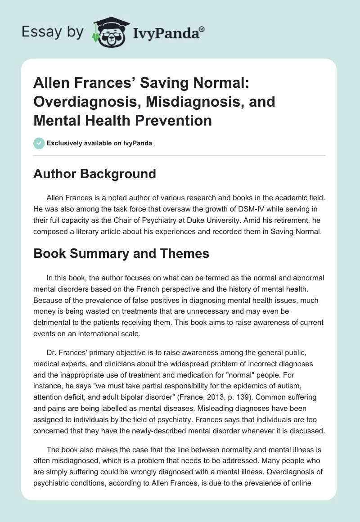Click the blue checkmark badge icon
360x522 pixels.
(39, 143)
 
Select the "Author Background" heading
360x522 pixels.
(94, 174)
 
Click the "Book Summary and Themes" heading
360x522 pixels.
(121, 253)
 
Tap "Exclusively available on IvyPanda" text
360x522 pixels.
(99, 143)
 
